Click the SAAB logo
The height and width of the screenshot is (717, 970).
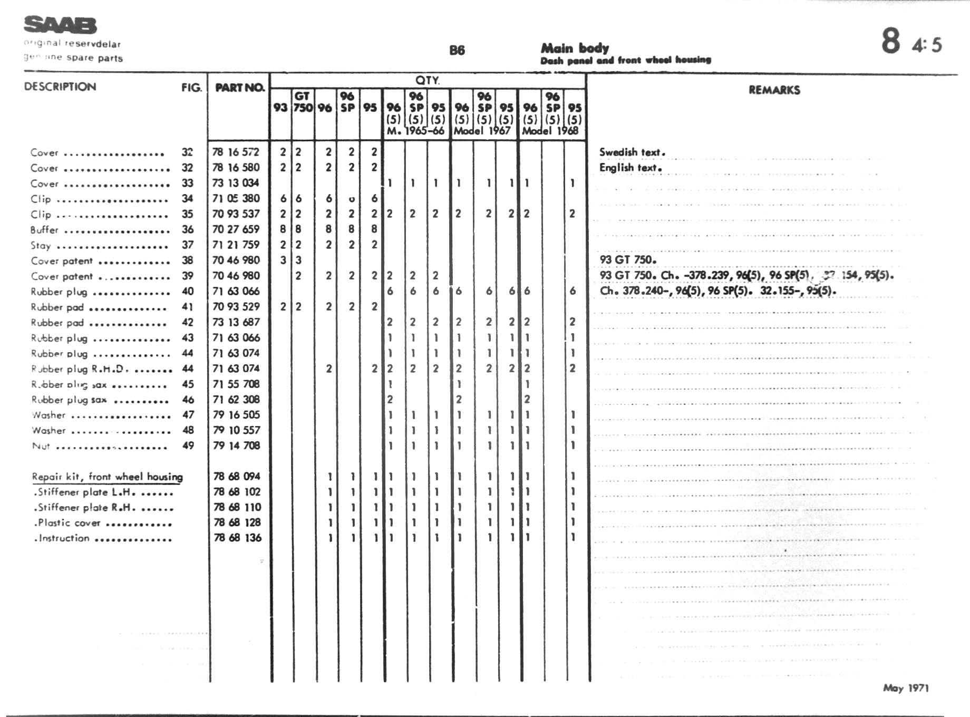(x=60, y=25)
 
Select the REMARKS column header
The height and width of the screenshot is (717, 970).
(x=774, y=90)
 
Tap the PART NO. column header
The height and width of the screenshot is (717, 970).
(x=239, y=88)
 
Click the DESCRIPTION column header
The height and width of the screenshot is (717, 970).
(x=60, y=87)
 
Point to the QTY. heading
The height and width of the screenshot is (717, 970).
(x=427, y=80)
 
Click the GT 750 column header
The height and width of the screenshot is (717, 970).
(x=303, y=102)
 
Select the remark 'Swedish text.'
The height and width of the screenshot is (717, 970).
(x=632, y=152)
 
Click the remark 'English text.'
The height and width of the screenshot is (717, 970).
(x=630, y=168)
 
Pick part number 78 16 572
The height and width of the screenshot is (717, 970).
(x=236, y=152)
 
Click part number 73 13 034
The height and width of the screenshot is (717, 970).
(x=236, y=183)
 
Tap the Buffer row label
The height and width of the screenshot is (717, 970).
(x=44, y=230)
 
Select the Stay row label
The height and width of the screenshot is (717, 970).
(x=41, y=245)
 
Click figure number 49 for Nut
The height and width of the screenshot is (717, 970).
(x=188, y=445)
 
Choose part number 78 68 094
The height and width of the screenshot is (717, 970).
(x=237, y=476)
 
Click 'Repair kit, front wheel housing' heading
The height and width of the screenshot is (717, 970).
(x=107, y=477)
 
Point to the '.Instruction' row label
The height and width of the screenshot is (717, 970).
(x=62, y=538)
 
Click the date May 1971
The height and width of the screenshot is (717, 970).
(x=906, y=688)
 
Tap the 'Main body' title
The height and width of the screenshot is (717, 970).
(x=575, y=49)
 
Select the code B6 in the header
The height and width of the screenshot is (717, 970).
(x=457, y=51)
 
